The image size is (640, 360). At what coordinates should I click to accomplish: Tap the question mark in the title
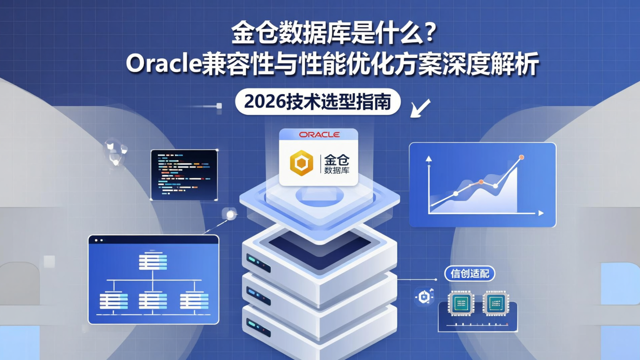click(x=427, y=35)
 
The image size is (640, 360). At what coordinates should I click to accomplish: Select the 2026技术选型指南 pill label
click(x=317, y=103)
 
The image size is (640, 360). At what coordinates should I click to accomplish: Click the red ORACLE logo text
click(x=319, y=135)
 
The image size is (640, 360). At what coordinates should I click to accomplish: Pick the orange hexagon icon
click(x=301, y=163)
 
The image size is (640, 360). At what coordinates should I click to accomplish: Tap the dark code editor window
click(x=184, y=175)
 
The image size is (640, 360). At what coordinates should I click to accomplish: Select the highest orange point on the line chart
click(x=521, y=157)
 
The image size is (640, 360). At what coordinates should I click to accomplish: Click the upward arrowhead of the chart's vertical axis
click(x=428, y=158)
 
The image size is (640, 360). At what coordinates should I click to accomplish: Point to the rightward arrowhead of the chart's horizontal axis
click(x=541, y=213)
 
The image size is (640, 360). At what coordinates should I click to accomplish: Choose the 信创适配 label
click(x=470, y=274)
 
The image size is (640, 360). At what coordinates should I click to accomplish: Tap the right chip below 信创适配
click(x=495, y=303)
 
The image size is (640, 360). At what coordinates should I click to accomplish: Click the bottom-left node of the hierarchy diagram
click(x=113, y=300)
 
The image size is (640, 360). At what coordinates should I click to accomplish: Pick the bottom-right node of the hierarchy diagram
click(x=194, y=300)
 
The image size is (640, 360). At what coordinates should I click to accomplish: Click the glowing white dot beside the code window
click(x=230, y=215)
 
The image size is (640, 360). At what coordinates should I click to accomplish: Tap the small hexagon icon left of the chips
click(x=424, y=297)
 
